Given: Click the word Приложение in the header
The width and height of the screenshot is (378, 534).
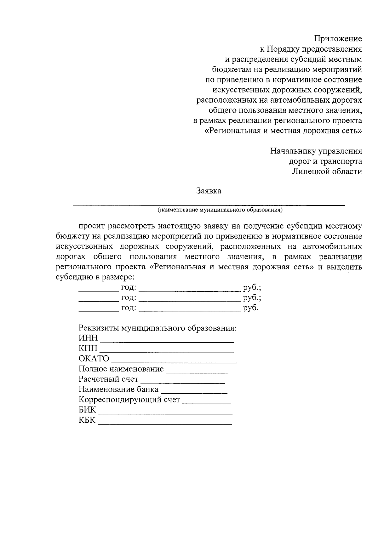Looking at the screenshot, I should [x=338, y=39].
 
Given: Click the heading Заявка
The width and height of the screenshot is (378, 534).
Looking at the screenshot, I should [x=209, y=191].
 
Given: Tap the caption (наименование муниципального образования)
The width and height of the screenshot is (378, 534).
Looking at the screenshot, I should [x=220, y=210].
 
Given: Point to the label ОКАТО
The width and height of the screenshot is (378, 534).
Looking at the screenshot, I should [x=94, y=359].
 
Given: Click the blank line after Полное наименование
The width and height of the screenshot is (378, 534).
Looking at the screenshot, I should [x=197, y=372].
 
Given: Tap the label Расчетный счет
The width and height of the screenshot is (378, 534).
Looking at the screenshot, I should [x=108, y=379].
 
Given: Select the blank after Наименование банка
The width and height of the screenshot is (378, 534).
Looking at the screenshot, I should [x=194, y=392].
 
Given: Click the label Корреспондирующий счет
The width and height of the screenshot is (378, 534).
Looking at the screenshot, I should [x=129, y=400].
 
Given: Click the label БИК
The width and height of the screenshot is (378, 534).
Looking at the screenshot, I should [x=87, y=410].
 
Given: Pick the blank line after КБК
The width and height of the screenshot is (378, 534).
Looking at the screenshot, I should [x=165, y=424].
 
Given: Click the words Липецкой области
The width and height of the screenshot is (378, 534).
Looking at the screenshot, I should [x=327, y=171].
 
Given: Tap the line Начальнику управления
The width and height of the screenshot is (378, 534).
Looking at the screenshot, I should [x=316, y=151].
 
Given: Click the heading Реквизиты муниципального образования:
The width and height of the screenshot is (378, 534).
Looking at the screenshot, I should [x=157, y=328].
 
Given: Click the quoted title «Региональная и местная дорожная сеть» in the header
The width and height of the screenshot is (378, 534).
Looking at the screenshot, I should [x=283, y=131].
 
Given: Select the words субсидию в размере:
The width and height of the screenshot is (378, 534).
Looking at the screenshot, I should [x=95, y=277].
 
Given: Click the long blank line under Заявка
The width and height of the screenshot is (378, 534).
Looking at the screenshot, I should [x=209, y=205].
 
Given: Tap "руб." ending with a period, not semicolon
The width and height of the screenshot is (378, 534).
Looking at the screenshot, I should [x=250, y=308].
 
